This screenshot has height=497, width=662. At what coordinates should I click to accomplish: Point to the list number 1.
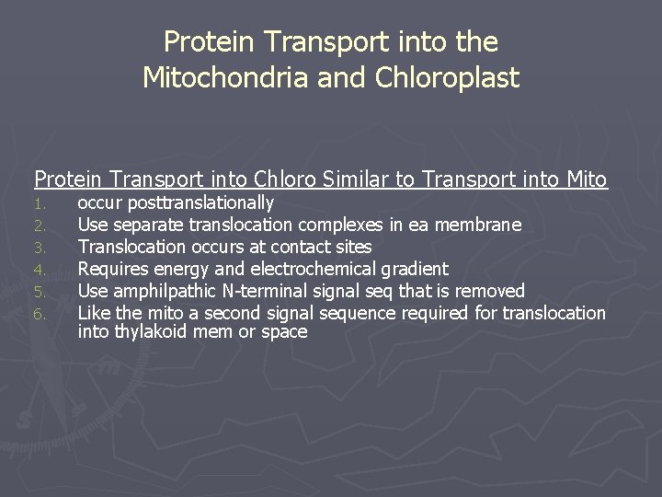(40, 203)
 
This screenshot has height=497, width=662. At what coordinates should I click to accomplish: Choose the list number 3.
(40, 248)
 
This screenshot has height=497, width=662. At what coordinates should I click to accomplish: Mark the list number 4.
(40, 270)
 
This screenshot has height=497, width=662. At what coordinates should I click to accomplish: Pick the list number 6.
(40, 314)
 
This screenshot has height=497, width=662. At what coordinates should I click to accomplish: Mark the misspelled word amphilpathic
(159, 291)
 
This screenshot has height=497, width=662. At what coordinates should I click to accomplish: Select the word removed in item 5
(491, 291)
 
